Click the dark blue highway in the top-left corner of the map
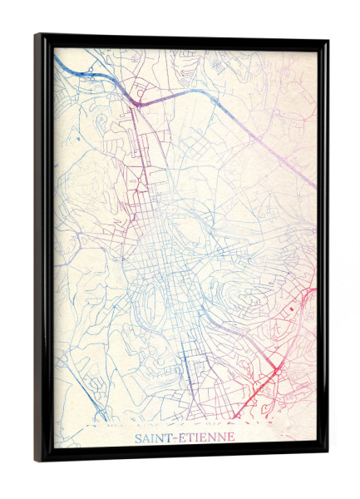tap(79, 72)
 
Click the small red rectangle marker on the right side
tap(293, 309)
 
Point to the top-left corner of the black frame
tap(37, 35)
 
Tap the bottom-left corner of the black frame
tap(37, 459)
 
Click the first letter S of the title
tap(138, 437)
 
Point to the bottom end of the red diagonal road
tap(235, 416)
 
